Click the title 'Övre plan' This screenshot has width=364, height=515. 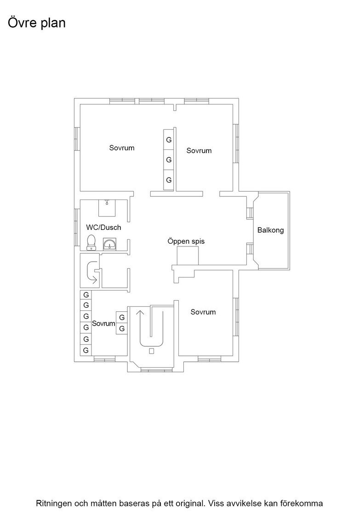(x=36, y=23)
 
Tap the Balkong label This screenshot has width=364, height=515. (x=270, y=230)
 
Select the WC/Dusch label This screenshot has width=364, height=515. (x=103, y=227)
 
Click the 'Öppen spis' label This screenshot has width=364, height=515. (x=186, y=241)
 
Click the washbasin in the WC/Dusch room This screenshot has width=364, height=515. (x=109, y=245)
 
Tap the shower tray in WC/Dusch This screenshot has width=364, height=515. (x=107, y=208)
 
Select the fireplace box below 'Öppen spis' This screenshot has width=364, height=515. (x=188, y=256)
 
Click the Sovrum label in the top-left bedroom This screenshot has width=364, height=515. (x=122, y=148)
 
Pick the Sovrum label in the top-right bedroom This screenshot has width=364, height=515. (x=199, y=150)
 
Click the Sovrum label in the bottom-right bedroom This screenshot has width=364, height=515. (x=203, y=312)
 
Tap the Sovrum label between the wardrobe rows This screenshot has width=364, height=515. (x=103, y=324)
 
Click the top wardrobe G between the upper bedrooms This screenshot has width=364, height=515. (x=169, y=140)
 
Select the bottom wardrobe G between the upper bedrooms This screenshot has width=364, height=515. (x=169, y=180)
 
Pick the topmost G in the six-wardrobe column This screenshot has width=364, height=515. (x=86, y=295)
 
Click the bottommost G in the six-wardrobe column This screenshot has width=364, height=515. (x=86, y=350)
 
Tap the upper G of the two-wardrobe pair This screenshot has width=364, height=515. (x=122, y=317)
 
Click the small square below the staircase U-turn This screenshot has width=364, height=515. (x=151, y=351)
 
